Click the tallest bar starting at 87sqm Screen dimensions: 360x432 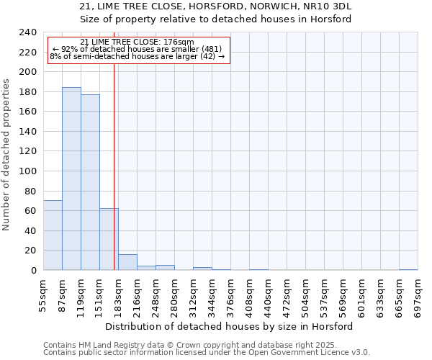click(71, 179)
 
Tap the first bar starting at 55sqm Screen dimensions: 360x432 click(53, 235)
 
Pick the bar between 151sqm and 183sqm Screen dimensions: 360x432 click(109, 239)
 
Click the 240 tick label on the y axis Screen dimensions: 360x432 click(27, 32)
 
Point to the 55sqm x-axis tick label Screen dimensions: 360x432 click(43, 297)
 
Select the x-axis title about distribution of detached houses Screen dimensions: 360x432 click(234, 326)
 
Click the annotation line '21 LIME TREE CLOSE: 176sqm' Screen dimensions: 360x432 click(137, 42)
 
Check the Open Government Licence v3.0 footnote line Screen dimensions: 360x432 click(207, 353)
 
